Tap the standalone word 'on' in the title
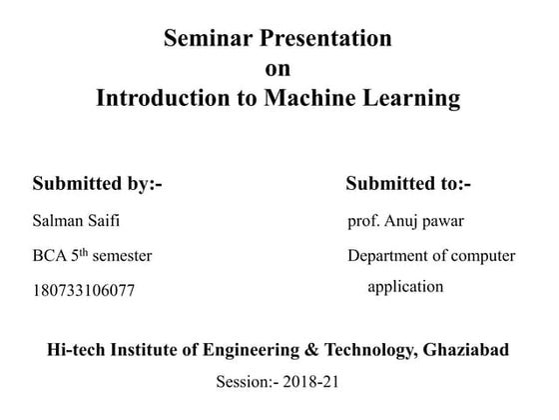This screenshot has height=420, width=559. click(x=278, y=69)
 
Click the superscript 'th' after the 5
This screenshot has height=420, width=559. click(x=91, y=251)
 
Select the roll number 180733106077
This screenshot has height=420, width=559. click(x=83, y=291)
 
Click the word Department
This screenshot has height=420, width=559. click(x=391, y=256)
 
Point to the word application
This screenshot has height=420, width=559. click(x=405, y=287)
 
